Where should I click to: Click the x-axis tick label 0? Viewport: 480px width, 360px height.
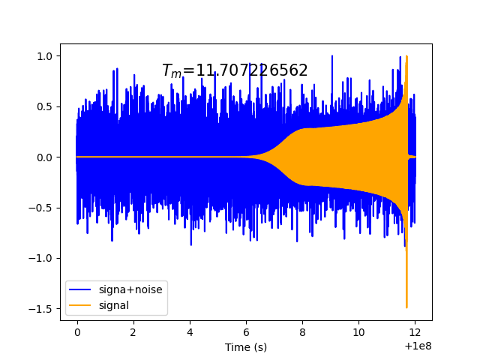[76, 332]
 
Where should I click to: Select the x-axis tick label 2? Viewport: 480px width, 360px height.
[133, 332]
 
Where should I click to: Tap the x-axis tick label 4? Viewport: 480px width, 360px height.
[190, 332]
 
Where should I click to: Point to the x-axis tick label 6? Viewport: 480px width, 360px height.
[246, 332]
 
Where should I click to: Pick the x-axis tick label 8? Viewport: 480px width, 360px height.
[303, 332]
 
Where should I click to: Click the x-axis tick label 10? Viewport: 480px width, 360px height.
[359, 332]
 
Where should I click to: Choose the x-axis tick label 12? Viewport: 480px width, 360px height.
[415, 332]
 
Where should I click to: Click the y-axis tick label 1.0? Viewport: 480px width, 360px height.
[46, 56]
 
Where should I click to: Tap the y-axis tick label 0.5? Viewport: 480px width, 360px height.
[46, 106]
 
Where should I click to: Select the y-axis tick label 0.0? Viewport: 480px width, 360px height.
[46, 157]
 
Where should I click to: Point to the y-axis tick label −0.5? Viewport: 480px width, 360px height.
[43, 208]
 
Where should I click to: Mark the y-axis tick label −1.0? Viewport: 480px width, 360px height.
[43, 258]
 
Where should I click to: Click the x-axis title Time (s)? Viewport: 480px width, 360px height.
[246, 346]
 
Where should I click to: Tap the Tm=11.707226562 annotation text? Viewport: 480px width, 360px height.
[235, 70]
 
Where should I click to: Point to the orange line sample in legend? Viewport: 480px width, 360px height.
[81, 305]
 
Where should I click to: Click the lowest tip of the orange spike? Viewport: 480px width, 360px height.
[406, 307]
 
